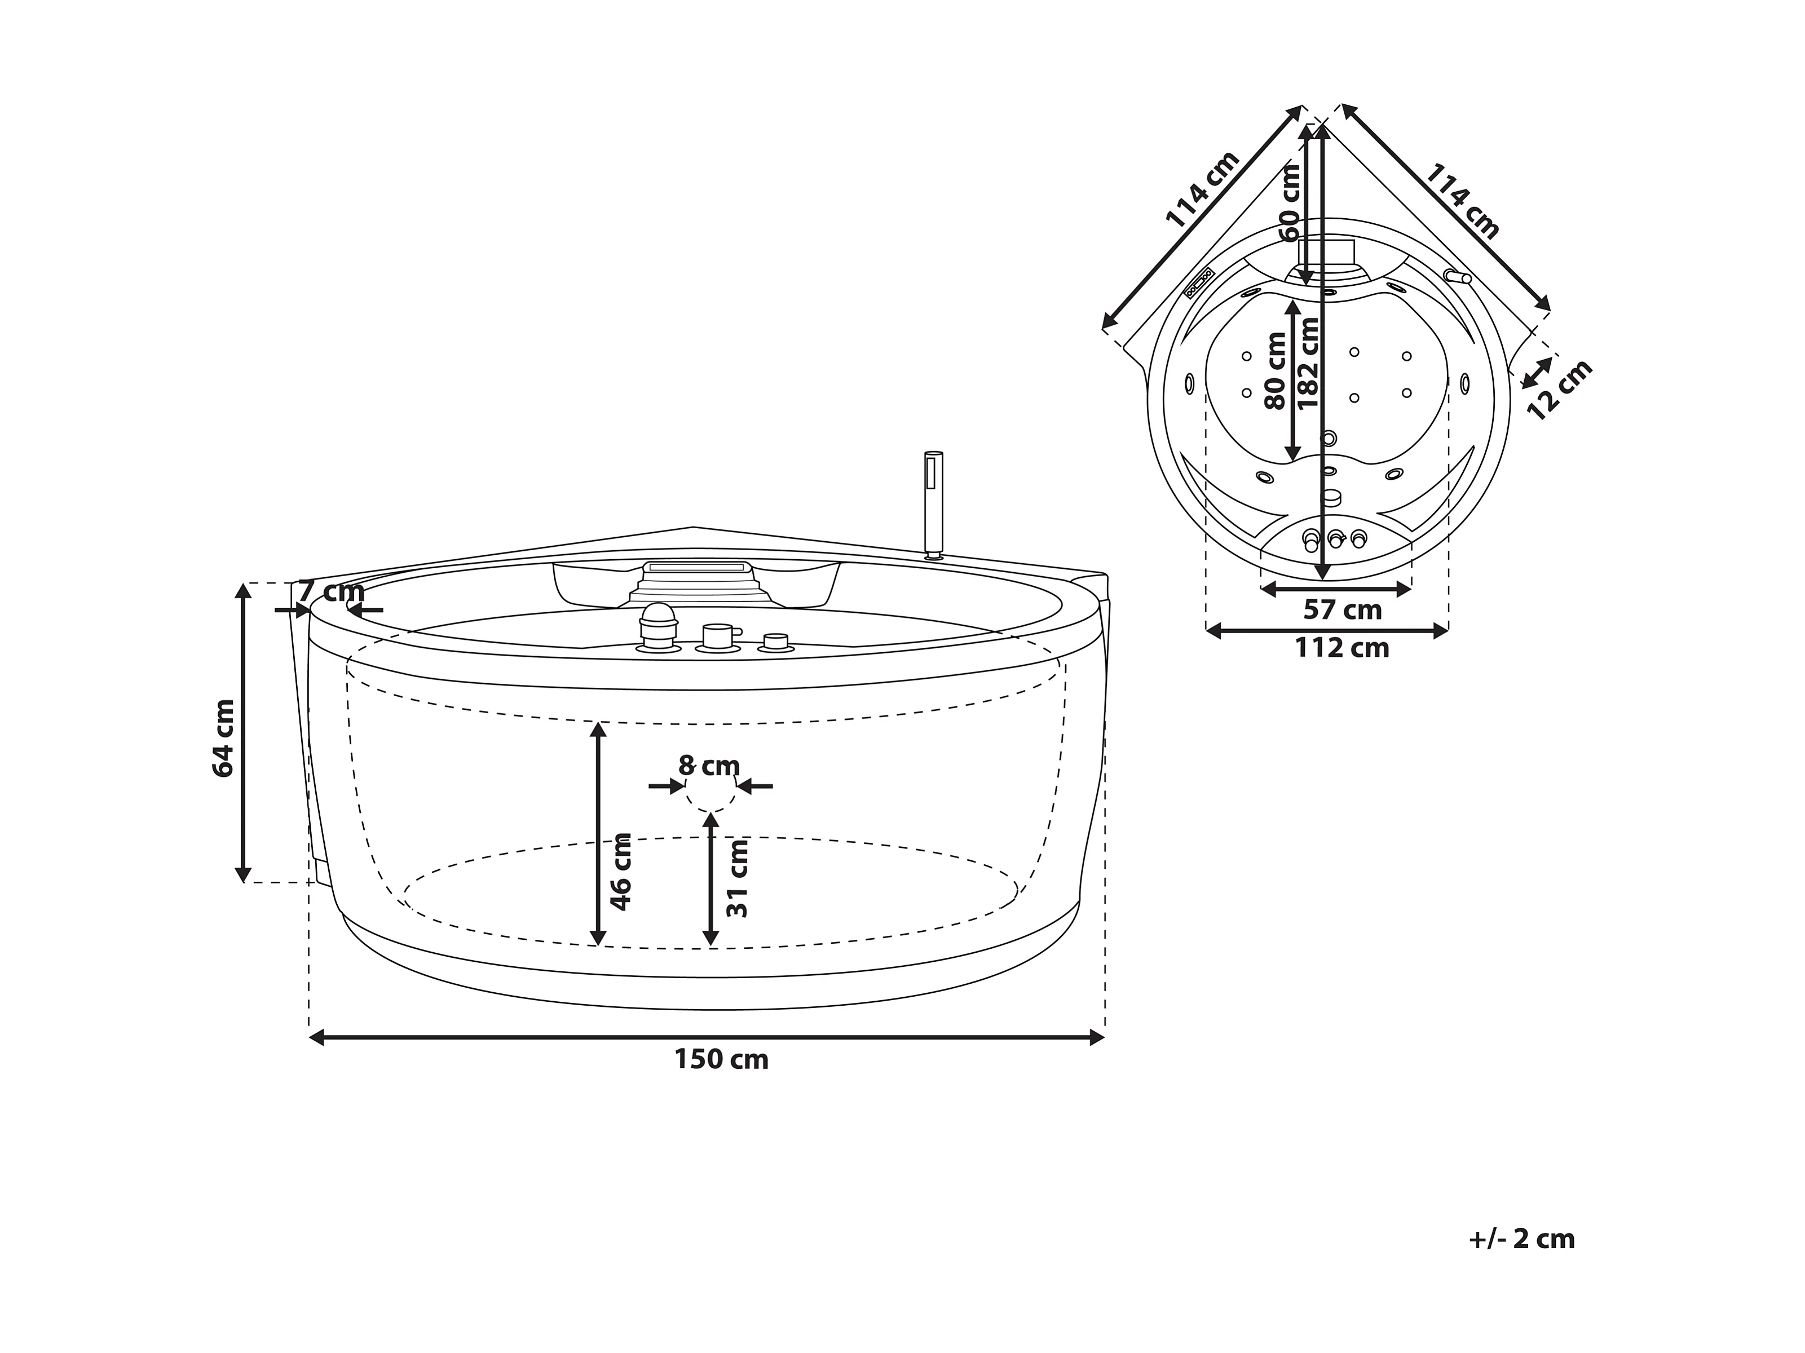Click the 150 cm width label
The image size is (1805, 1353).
[x=721, y=1059]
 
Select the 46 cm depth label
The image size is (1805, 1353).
[x=621, y=872]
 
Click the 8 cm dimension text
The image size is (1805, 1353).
[x=709, y=766]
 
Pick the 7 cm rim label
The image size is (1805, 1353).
[x=332, y=591]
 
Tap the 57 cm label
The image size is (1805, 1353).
[x=1342, y=609]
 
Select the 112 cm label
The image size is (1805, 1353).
[x=1342, y=648]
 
